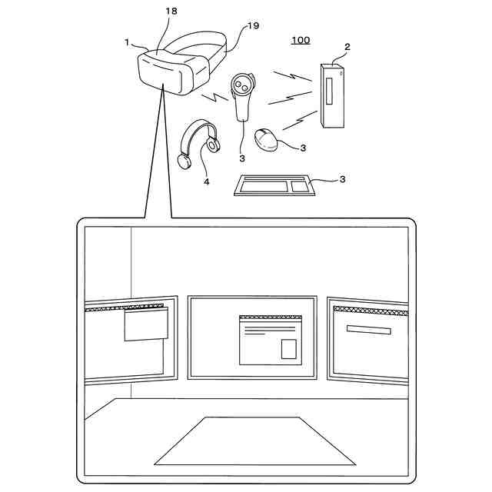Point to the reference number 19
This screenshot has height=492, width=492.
253,26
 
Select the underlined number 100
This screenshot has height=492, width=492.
301,39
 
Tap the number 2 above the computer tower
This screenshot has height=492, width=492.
347,47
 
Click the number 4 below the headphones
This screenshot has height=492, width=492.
206,181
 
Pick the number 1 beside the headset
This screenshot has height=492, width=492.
128,42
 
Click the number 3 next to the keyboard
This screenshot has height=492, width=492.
343,179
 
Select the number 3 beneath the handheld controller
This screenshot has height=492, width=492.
241,158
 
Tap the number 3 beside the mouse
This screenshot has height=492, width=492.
304,147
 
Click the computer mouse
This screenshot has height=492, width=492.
268,138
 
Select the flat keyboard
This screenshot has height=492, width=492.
274,185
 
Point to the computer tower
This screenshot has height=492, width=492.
333,96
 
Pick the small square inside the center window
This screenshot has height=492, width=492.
288,349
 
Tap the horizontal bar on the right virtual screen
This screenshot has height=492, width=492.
368,330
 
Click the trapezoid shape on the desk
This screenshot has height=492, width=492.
254,441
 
